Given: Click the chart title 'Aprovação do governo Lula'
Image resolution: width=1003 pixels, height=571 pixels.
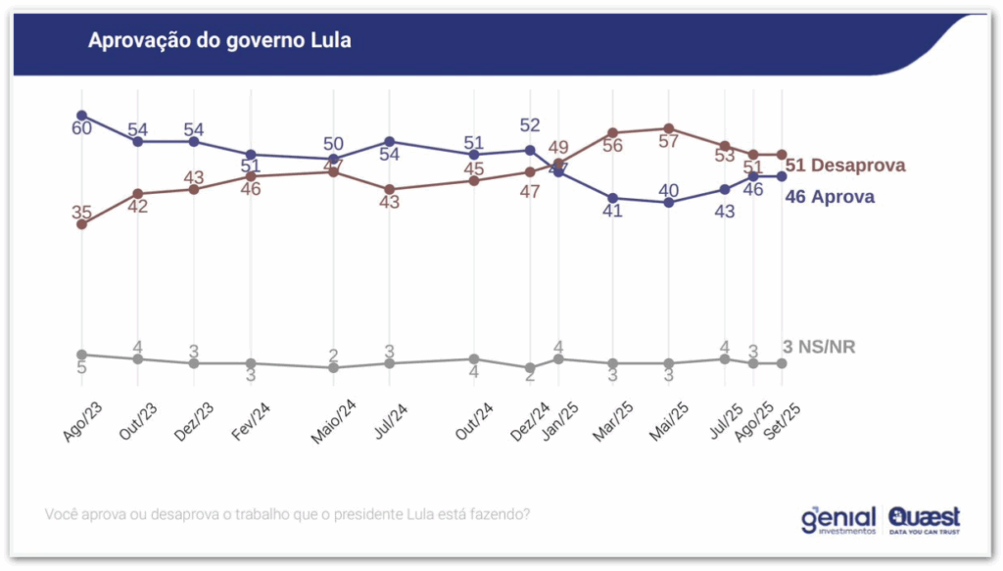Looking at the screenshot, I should pos(219,40).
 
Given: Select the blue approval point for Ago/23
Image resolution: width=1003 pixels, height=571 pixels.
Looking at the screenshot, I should pos(81,116).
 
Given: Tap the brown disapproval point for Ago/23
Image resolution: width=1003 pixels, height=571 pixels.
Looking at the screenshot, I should pos(81,224).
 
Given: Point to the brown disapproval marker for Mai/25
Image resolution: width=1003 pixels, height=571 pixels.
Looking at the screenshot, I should pos(669,128).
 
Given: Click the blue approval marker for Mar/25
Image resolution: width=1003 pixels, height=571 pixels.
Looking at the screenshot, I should pos(613,198).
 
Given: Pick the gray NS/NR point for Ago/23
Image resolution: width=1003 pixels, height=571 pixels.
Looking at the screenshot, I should pos(81,355).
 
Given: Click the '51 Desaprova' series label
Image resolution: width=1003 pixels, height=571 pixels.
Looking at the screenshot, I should pos(845,165).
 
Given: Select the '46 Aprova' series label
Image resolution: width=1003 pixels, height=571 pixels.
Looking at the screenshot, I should pos(831,197).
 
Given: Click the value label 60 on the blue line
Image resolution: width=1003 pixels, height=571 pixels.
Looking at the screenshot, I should pos(81,129).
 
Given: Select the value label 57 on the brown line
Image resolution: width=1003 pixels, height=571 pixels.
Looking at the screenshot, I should pos(669,142).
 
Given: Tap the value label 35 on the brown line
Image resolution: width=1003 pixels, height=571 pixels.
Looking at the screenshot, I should pos(81,210).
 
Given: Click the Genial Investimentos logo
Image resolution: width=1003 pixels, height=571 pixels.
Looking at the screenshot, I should pos(838,518).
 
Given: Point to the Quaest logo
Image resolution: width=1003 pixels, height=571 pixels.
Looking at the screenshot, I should pos(925,518).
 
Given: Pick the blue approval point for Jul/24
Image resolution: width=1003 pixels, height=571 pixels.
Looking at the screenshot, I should pos(390,142).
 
